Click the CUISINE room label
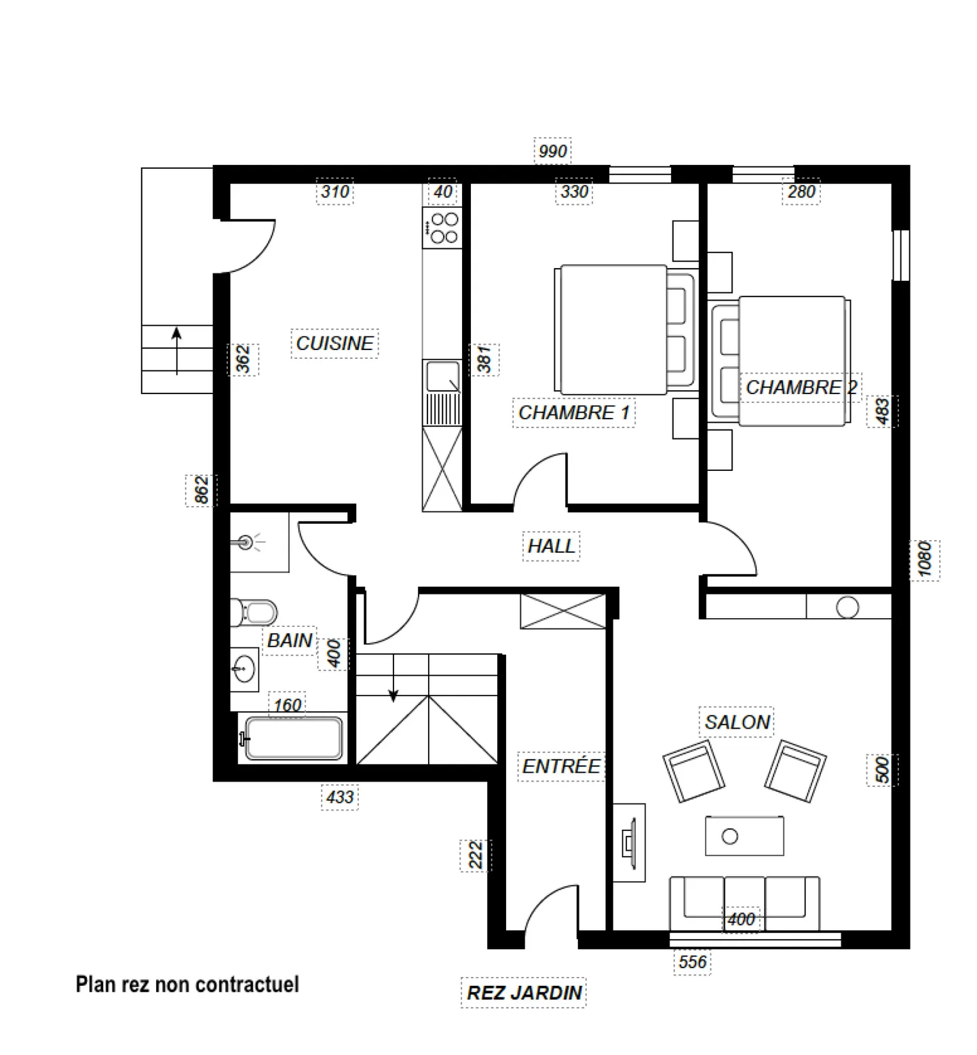point(334,343)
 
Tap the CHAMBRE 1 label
point(574,413)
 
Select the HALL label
point(551,546)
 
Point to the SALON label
point(737,722)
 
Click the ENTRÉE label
point(561,766)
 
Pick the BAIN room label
point(290,640)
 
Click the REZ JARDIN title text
point(524,993)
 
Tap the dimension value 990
point(552,151)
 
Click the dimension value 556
point(692,961)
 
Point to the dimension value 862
point(202,490)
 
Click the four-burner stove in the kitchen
point(442,228)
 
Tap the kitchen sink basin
point(442,376)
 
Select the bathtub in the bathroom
point(293,737)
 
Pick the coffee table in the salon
point(744,835)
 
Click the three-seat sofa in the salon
point(744,904)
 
